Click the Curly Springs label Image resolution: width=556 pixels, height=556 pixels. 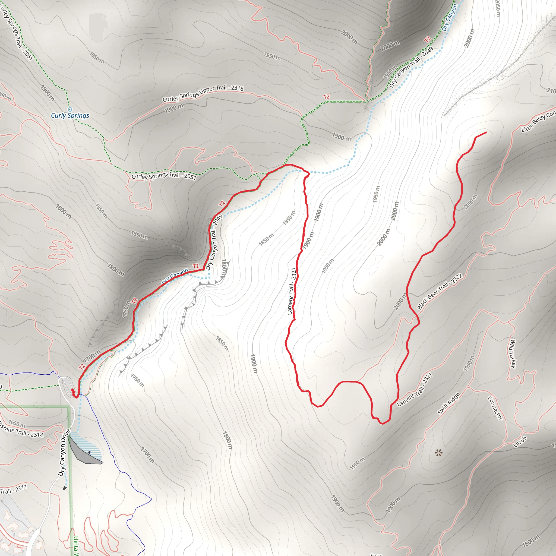pyautogui.click(x=70, y=116)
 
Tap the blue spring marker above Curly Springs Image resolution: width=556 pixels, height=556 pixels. pyautogui.click(x=70, y=109)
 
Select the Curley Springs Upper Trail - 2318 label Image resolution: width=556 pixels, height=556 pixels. pyautogui.click(x=203, y=93)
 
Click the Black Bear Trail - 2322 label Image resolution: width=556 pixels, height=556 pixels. pyautogui.click(x=440, y=292)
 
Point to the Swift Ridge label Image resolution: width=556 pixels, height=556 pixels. pyautogui.click(x=448, y=403)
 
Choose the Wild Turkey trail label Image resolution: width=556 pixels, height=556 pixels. pyautogui.click(x=513, y=354)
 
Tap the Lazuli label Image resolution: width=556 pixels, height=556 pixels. pyautogui.click(x=520, y=442)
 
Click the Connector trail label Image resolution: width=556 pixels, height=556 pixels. pyautogui.click(x=495, y=408)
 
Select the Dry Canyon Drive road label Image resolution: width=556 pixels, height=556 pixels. pyautogui.click(x=64, y=453)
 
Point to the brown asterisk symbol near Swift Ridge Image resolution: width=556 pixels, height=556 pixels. pyautogui.click(x=438, y=454)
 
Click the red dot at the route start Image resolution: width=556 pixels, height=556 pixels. pyautogui.click(x=72, y=390)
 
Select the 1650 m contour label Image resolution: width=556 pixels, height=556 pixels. pyautogui.click(x=17, y=423)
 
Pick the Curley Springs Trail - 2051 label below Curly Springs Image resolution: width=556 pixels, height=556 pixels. pyautogui.click(x=164, y=176)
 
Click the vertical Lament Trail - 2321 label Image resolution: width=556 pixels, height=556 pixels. pyautogui.click(x=292, y=291)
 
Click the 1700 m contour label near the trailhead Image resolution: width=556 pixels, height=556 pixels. pyautogui.click(x=92, y=356)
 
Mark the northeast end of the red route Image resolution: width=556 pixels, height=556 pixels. pyautogui.click(x=486, y=132)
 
